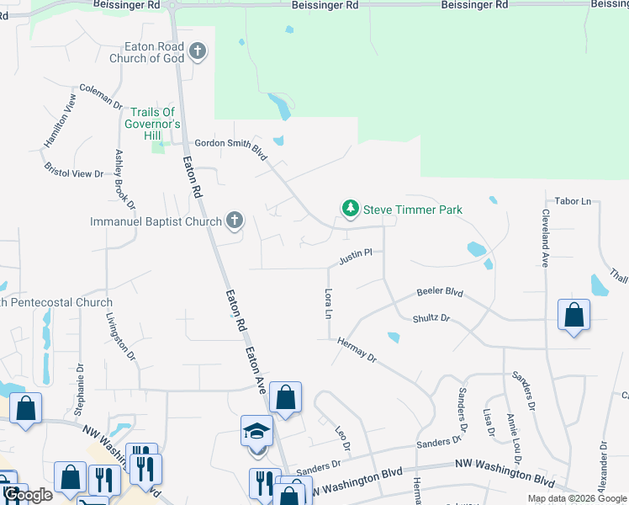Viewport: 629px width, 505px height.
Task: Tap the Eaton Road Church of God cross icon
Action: tap(198, 53)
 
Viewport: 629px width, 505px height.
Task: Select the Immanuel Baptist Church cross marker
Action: tap(235, 221)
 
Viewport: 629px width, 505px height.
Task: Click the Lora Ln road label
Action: tap(328, 303)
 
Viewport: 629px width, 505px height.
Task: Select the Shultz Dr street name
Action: tap(431, 319)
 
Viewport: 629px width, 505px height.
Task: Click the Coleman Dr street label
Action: tap(101, 95)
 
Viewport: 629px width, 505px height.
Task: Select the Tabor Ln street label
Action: tap(573, 201)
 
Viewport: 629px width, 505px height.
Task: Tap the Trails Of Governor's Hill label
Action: tap(156, 124)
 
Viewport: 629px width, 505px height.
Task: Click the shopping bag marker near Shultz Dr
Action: tap(573, 316)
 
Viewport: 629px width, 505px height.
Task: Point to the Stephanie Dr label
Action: tap(80, 390)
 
